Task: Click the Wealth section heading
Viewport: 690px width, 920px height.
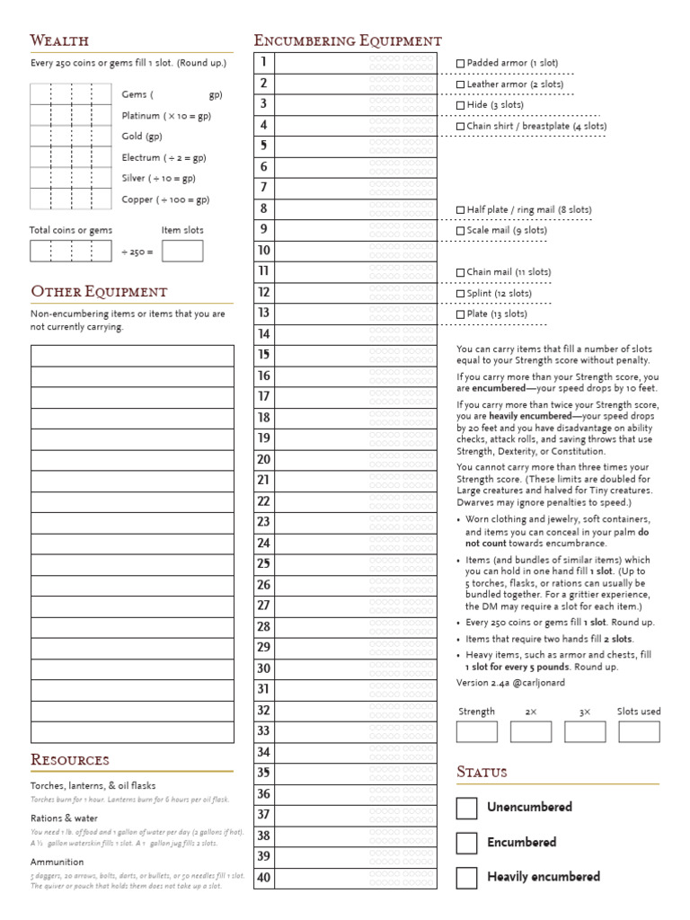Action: point(59,40)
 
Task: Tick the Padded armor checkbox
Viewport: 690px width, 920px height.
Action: point(461,63)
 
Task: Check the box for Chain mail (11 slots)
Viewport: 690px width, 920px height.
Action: point(461,272)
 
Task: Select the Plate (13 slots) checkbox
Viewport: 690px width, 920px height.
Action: point(461,314)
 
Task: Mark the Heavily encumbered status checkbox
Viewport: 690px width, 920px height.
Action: point(466,878)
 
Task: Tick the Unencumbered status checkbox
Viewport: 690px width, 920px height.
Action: point(466,809)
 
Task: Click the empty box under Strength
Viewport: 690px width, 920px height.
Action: point(476,731)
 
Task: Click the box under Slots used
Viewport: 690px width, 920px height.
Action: point(639,731)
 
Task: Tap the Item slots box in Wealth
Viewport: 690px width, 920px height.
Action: point(182,251)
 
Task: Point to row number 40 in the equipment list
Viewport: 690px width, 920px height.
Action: point(263,878)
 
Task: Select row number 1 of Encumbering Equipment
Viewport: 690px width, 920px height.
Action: point(263,62)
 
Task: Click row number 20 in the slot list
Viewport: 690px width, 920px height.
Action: point(263,459)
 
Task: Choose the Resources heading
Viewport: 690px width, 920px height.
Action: point(70,760)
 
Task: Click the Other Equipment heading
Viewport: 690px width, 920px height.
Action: point(99,292)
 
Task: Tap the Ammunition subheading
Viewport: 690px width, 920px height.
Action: point(57,862)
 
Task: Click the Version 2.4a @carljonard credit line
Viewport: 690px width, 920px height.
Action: point(510,683)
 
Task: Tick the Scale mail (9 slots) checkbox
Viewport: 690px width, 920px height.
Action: point(461,231)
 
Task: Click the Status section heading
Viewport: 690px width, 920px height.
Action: point(482,773)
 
